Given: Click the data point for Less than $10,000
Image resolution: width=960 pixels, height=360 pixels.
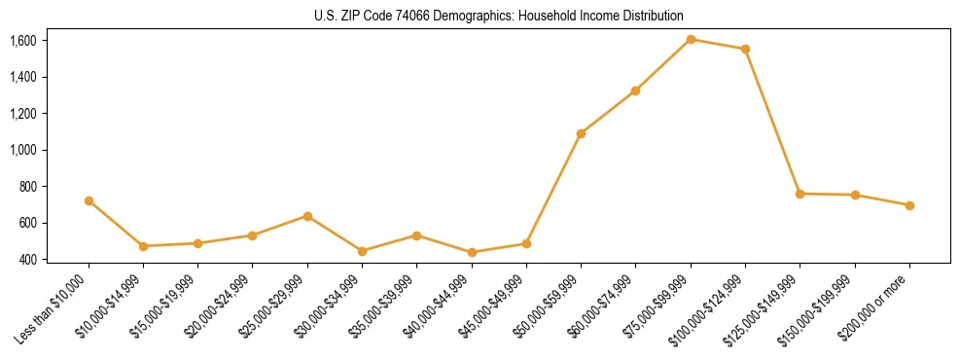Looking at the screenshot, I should point(89,200).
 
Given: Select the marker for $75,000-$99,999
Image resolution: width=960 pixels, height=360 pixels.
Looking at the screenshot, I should point(691,39).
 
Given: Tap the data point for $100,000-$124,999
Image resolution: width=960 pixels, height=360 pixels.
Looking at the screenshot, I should point(745,49).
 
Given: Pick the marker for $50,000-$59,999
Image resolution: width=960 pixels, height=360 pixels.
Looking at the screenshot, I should point(581,133).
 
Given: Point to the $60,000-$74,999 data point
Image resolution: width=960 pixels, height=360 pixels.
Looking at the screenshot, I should point(635,90).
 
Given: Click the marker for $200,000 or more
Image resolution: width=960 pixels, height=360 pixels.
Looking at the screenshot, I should point(909,205).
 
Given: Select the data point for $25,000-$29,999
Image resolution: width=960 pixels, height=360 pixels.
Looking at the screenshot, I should point(307,216).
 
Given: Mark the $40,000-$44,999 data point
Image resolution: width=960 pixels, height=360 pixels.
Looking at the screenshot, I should point(472,252).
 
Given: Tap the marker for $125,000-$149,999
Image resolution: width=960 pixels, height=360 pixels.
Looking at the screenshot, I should point(800,194).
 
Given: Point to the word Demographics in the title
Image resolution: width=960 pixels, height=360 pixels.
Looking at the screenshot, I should point(464,17).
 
